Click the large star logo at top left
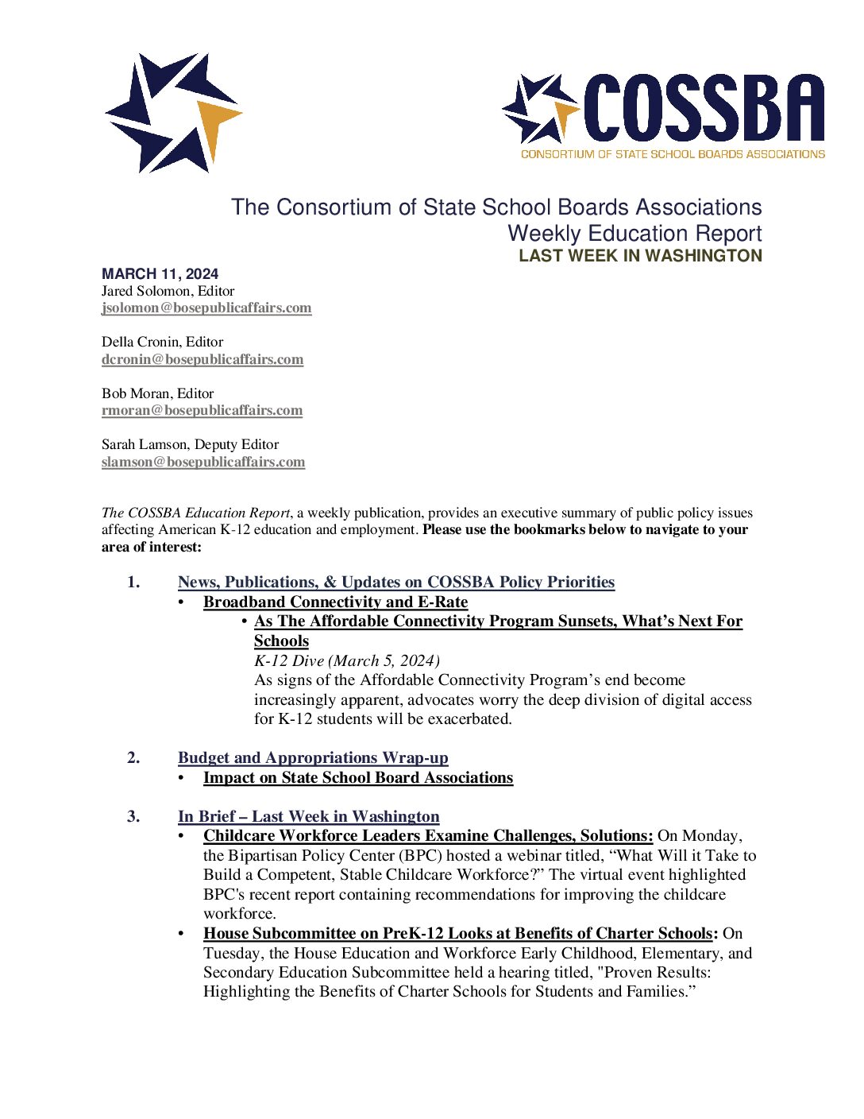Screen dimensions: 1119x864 pyautogui.click(x=172, y=113)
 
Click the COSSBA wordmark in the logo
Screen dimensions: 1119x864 pyautogui.click(x=704, y=109)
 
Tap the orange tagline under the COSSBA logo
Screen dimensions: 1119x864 pyautogui.click(x=673, y=154)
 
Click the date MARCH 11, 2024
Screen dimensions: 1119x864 pyautogui.click(x=160, y=274)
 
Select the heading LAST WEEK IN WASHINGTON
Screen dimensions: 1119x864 pyautogui.click(x=640, y=256)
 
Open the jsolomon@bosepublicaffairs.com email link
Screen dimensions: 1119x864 pyautogui.click(x=206, y=308)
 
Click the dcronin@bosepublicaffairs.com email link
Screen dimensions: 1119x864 pyautogui.click(x=202, y=359)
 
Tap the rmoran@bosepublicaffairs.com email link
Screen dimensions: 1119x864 pyautogui.click(x=202, y=411)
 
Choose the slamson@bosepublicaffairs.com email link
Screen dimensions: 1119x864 pyautogui.click(x=203, y=462)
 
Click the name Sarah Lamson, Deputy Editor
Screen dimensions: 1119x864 pyautogui.click(x=190, y=444)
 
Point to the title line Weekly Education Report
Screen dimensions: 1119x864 pyautogui.click(x=634, y=234)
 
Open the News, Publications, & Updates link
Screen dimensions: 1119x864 pyautogui.click(x=396, y=583)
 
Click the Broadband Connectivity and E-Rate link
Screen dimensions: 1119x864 pyautogui.click(x=335, y=602)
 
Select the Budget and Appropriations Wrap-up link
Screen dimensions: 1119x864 pyautogui.click(x=313, y=758)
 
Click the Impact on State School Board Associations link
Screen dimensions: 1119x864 pyautogui.click(x=358, y=778)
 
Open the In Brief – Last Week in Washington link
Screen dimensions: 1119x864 pyautogui.click(x=308, y=817)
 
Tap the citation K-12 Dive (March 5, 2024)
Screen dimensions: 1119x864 pyautogui.click(x=347, y=660)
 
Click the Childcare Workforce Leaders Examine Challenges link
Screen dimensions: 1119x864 pyautogui.click(x=428, y=836)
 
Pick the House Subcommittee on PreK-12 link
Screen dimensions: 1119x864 pyautogui.click(x=458, y=934)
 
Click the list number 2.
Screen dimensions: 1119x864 pyautogui.click(x=133, y=758)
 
